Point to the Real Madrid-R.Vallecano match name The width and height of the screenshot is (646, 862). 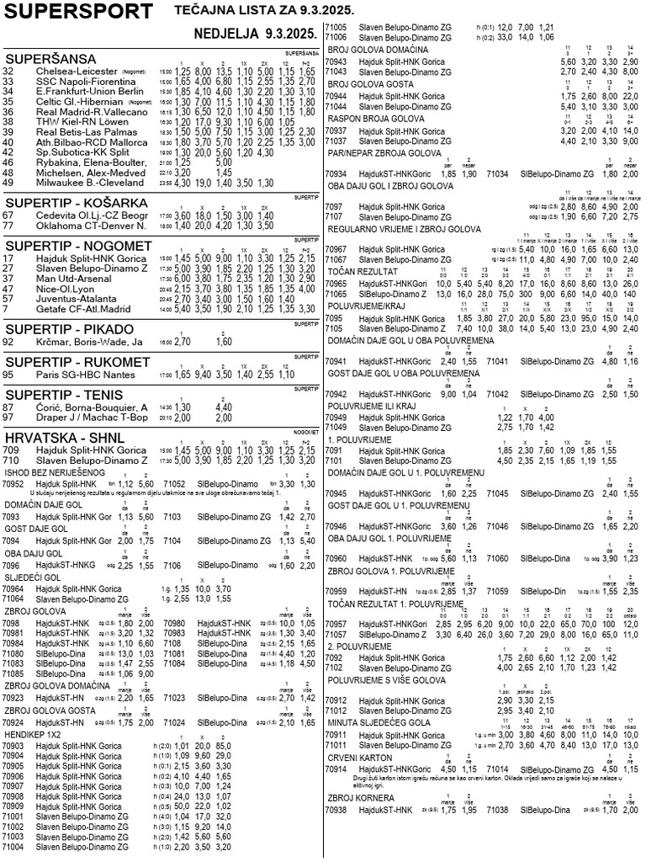[x=92, y=111]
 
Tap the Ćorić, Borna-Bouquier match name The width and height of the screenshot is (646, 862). [x=92, y=407]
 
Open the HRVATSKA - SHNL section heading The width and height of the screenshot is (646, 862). [x=64, y=437]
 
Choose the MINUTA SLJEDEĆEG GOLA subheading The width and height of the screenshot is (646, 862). [x=379, y=721]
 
